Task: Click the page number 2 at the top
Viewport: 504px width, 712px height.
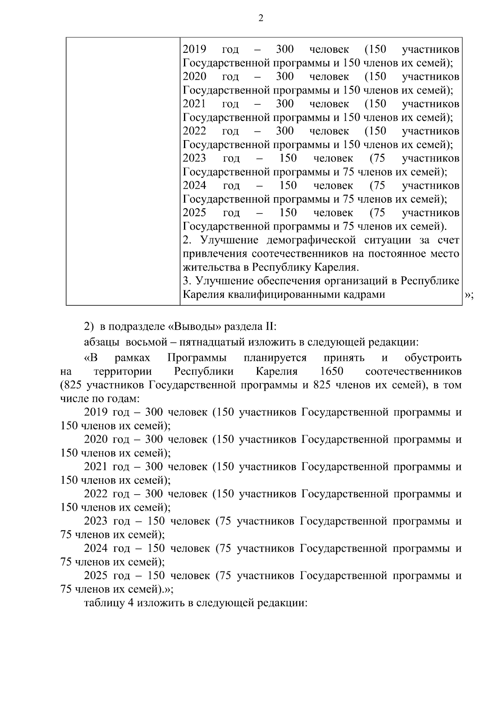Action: point(260,18)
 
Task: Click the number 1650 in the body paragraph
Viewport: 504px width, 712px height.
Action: point(331,371)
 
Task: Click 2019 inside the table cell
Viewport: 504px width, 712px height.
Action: point(194,49)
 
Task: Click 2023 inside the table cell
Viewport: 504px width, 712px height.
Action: point(194,158)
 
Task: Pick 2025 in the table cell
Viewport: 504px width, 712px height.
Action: point(194,213)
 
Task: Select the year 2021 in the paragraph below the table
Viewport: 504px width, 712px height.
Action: point(96,467)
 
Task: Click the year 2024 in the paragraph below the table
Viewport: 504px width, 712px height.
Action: point(96,548)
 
